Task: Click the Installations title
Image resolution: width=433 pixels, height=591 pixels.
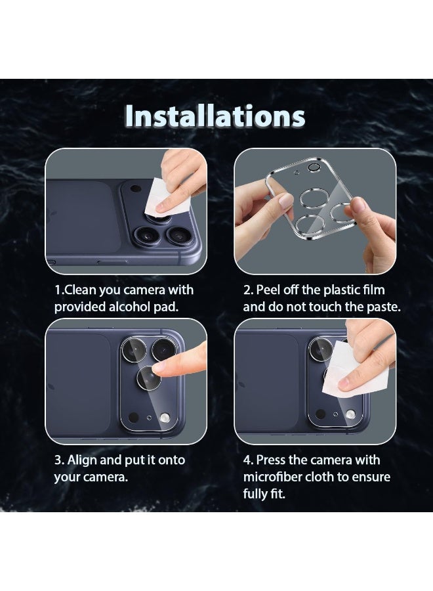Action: tap(215, 116)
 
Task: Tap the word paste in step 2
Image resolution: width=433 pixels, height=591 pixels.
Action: tap(379, 307)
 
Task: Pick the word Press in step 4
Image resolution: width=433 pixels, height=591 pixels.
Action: tap(272, 460)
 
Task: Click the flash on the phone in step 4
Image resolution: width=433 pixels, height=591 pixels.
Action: tap(351, 414)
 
